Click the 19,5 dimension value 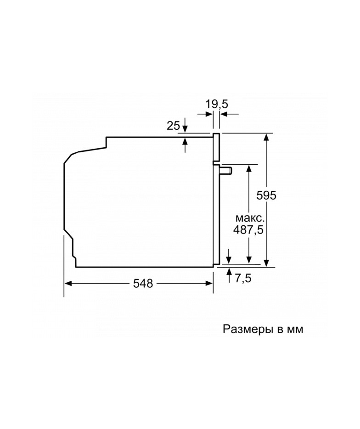(217, 104)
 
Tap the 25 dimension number (173, 126)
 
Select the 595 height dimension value (266, 195)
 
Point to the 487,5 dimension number (248, 229)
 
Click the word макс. (250, 218)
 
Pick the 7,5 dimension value (243, 278)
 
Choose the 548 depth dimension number (143, 284)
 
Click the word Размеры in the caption (248, 329)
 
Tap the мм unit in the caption (295, 330)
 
